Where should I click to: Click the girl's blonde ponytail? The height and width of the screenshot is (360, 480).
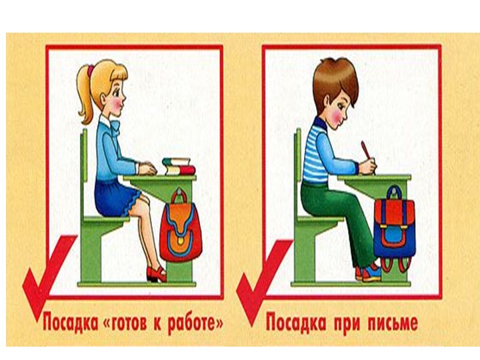84,97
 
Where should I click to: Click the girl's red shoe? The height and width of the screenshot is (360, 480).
156,273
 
